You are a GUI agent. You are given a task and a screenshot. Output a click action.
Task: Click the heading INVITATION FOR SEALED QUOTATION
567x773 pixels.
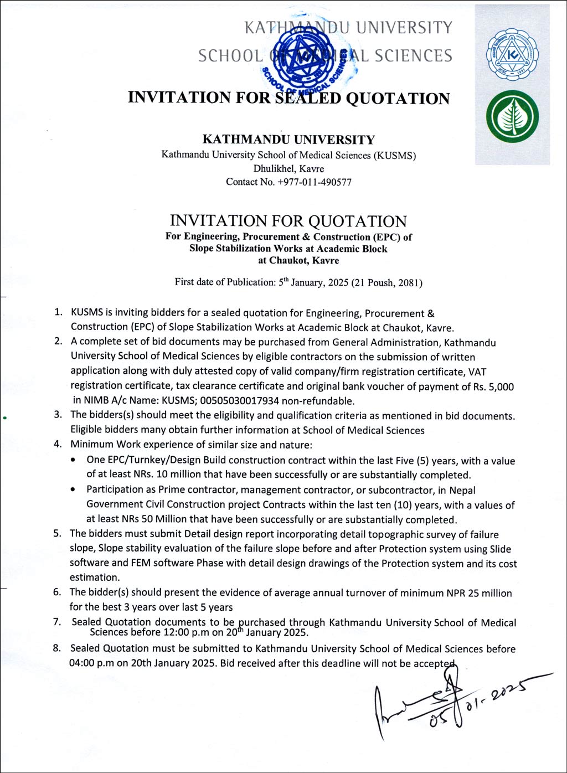coord(288,98)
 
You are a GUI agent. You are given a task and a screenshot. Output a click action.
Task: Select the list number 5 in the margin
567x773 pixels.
coord(57,534)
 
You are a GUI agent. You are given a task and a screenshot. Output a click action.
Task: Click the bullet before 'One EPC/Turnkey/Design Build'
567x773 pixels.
coord(74,461)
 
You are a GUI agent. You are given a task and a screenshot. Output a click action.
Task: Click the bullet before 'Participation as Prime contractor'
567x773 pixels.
coord(74,490)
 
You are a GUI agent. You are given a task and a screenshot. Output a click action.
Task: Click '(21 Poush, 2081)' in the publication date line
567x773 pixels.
coord(387,282)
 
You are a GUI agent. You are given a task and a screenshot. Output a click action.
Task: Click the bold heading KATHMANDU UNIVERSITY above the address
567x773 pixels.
coord(288,140)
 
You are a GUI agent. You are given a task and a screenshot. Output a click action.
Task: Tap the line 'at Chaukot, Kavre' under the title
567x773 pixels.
coord(298,261)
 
